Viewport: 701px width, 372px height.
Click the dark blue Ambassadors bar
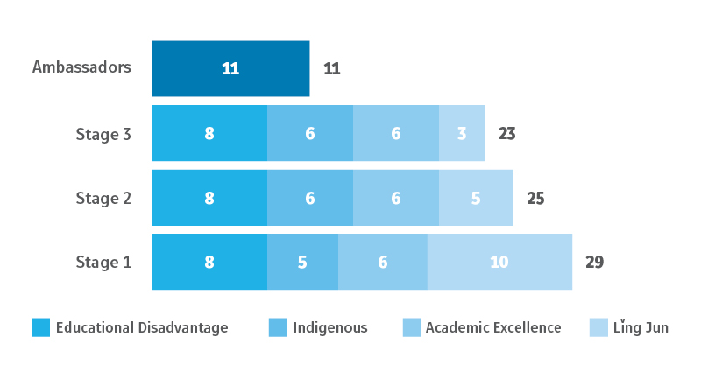click(230, 68)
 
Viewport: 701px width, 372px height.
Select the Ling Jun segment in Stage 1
click(499, 262)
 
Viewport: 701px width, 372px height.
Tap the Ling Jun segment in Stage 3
click(462, 133)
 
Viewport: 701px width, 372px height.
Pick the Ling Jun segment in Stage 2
click(476, 198)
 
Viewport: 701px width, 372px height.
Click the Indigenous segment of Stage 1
click(302, 262)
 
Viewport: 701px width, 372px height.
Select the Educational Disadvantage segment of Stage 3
click(209, 133)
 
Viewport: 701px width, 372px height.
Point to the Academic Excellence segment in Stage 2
click(396, 198)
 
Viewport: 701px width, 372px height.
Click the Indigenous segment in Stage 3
click(310, 133)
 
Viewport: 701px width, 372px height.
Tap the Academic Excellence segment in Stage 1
click(383, 262)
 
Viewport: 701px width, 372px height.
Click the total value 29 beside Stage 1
click(595, 262)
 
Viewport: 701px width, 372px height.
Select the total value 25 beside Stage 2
click(535, 198)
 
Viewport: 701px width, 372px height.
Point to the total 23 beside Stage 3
click(507, 134)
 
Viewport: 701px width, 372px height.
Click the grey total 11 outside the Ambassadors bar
click(331, 68)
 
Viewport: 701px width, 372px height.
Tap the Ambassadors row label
click(81, 67)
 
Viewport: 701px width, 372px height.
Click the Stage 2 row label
click(103, 198)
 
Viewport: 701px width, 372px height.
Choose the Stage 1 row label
click(103, 262)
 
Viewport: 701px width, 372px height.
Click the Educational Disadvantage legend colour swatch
click(40, 327)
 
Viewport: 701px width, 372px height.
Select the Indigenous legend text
click(329, 327)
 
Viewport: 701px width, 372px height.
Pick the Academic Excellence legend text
click(492, 327)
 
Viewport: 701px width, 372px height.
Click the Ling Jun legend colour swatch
click(598, 327)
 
